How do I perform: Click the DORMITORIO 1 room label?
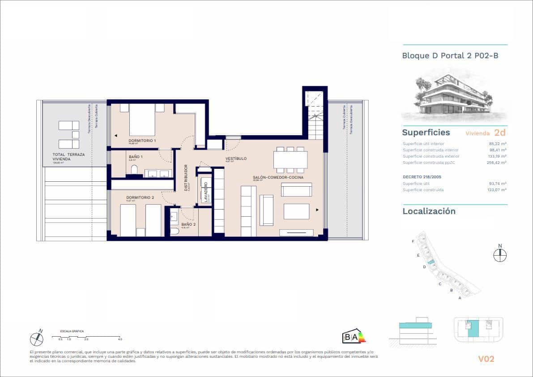[x=142, y=141]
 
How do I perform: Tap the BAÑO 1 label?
[x=136, y=157]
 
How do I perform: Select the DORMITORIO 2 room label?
[x=140, y=197]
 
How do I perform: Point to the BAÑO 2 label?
[x=188, y=224]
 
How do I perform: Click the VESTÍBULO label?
[x=236, y=159]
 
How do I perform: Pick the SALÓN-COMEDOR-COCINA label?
[x=278, y=178]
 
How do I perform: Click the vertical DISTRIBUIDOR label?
[x=186, y=178]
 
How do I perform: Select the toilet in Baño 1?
[x=134, y=169]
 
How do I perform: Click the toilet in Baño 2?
[x=175, y=231]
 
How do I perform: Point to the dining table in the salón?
[x=290, y=159]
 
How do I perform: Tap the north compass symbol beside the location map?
[x=500, y=254]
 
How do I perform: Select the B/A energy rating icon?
[x=354, y=337]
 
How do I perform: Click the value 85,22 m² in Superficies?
[x=498, y=144]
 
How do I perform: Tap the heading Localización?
[x=429, y=211]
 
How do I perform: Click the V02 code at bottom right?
[x=486, y=359]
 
